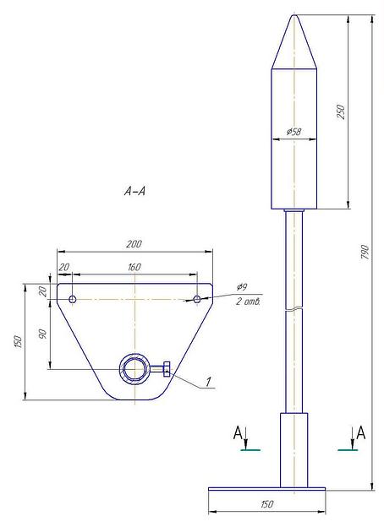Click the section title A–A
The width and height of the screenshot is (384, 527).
pyautogui.click(x=134, y=191)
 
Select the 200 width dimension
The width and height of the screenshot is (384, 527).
pyautogui.click(x=134, y=244)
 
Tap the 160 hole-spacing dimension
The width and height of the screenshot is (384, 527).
pyautogui.click(x=134, y=268)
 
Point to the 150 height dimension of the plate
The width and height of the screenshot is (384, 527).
pyautogui.click(x=19, y=342)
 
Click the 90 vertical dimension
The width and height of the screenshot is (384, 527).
pyautogui.click(x=43, y=334)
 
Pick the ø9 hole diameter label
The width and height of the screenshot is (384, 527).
pyautogui.click(x=242, y=286)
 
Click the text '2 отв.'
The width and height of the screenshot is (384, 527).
pyautogui.click(x=248, y=302)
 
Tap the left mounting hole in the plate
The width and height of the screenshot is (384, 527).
pyautogui.click(x=73, y=299)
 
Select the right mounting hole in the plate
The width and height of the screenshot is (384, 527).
pyautogui.click(x=197, y=299)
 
